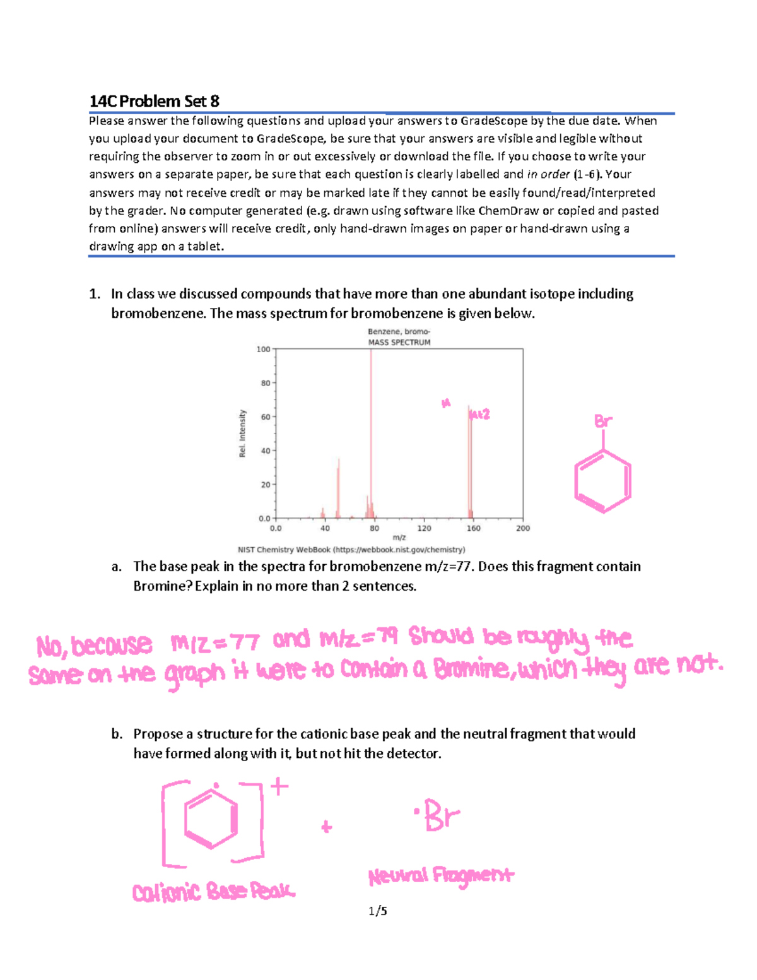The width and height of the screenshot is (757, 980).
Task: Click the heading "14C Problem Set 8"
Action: point(154,101)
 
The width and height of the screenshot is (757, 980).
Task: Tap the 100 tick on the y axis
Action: point(263,349)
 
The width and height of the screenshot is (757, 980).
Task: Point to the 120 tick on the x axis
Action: point(424,528)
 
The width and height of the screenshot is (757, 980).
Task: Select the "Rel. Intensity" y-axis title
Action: point(242,434)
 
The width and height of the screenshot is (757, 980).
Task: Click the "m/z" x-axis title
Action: point(399,538)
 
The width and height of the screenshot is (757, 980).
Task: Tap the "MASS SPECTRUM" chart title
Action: point(399,342)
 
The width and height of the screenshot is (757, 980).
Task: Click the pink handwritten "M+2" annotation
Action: point(479,414)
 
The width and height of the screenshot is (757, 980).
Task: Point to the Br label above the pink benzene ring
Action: point(603,421)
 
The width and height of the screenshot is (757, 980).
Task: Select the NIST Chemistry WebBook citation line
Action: point(351,550)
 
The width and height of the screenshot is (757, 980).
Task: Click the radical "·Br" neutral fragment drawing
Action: point(437,815)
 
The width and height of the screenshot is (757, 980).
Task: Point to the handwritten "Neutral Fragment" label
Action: point(441,876)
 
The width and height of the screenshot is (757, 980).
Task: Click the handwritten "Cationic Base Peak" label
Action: point(213,891)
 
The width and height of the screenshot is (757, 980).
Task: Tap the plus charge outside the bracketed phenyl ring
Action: point(279,786)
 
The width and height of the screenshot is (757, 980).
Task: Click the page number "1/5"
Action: point(378,911)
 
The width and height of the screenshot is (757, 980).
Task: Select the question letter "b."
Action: point(117,734)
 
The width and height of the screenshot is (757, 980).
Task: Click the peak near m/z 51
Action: point(338,489)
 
